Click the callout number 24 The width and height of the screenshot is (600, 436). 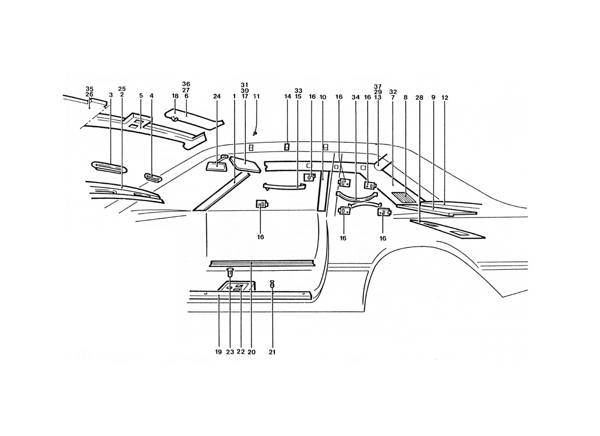click(217, 97)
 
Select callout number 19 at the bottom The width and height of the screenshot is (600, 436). click(218, 352)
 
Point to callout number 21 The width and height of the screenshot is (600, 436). click(272, 352)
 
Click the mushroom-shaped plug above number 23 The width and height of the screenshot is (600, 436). click(230, 272)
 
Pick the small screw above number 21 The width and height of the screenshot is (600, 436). click(272, 284)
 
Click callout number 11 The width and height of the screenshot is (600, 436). click(256, 96)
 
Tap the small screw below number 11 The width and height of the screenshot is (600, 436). click(255, 133)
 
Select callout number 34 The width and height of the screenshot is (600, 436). click(356, 98)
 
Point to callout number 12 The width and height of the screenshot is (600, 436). click(445, 98)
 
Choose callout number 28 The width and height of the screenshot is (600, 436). click(419, 98)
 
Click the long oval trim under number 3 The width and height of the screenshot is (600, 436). click(110, 167)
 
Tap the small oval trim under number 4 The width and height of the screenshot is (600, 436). click(153, 177)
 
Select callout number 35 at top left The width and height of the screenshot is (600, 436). click(89, 88)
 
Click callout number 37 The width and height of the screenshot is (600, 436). click(378, 86)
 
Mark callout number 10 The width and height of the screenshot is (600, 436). click(322, 97)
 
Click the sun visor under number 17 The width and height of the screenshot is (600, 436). click(245, 164)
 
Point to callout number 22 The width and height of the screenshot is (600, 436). click(241, 352)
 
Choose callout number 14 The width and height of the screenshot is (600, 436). click(288, 97)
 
